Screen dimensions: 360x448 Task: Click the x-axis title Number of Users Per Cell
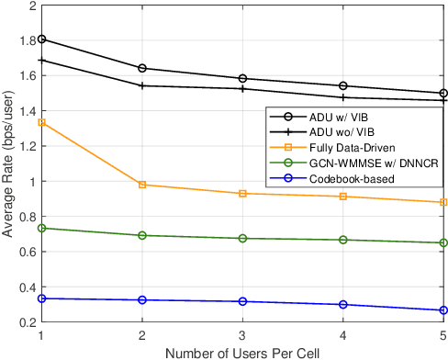point(242,352)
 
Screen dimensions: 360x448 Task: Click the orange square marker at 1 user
point(41,122)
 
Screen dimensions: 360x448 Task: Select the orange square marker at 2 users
point(142,185)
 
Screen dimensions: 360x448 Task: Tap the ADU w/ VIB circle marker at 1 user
point(41,39)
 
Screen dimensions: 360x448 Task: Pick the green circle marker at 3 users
point(242,238)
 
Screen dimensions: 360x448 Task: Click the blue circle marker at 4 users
point(343,305)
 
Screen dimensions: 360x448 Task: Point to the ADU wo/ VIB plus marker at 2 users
point(142,85)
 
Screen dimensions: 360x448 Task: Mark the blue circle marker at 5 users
point(443,310)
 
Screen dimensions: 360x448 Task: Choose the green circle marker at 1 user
point(41,228)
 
